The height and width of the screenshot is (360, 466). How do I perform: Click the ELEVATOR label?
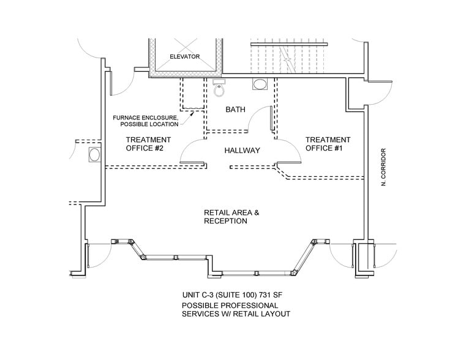(x=185, y=56)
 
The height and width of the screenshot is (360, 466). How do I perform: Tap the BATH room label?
(x=235, y=110)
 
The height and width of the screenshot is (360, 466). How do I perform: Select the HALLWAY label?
(x=242, y=150)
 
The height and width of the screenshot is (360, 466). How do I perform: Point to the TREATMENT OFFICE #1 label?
(x=328, y=143)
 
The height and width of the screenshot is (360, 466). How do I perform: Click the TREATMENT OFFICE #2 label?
(x=148, y=143)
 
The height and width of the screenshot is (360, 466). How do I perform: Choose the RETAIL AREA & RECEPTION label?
(x=231, y=217)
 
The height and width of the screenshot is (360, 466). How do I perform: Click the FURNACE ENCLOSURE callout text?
(x=146, y=121)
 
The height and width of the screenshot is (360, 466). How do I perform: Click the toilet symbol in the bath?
(x=219, y=89)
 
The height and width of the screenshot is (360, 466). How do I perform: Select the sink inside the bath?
(x=260, y=84)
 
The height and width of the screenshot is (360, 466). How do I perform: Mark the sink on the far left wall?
(x=94, y=154)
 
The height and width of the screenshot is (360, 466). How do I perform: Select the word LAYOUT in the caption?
(x=274, y=313)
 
